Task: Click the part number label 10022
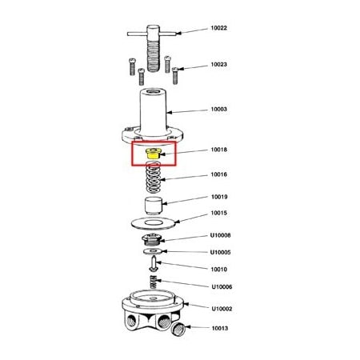[x=219, y=29]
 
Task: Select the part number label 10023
[x=219, y=64]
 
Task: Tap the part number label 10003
[x=219, y=110]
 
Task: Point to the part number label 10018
[x=219, y=150]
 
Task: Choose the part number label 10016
[x=219, y=174]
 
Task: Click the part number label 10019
[x=219, y=197]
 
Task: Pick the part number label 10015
[x=219, y=213]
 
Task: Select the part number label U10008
[x=221, y=235]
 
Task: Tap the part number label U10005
[x=221, y=252]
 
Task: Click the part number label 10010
[x=219, y=269]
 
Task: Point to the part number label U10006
[x=221, y=286]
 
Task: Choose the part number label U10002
[x=221, y=308]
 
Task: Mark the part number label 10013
[x=219, y=327]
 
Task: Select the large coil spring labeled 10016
[x=154, y=176]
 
